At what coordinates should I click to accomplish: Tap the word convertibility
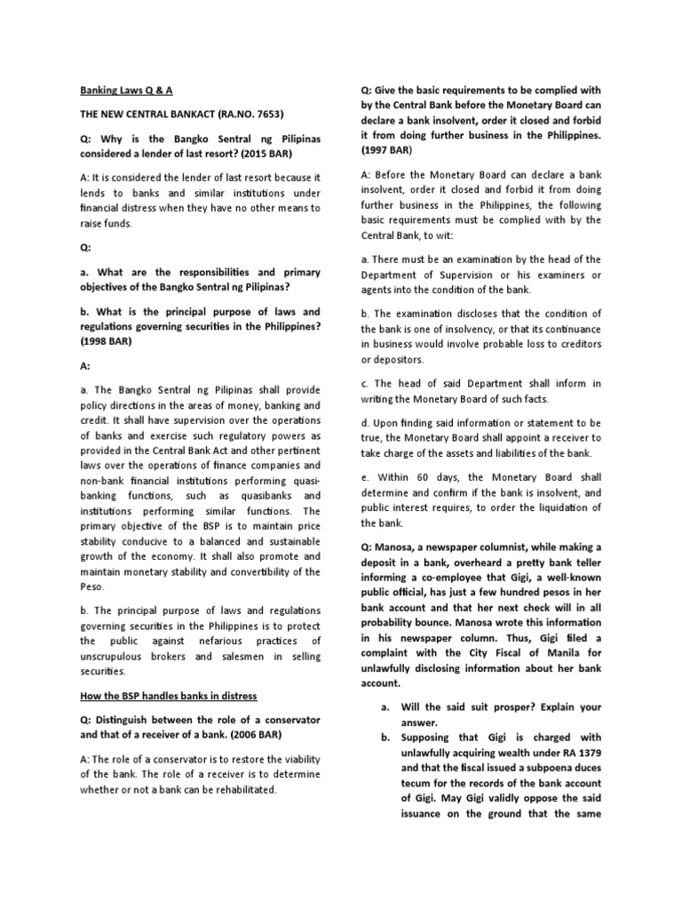point(268,571)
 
